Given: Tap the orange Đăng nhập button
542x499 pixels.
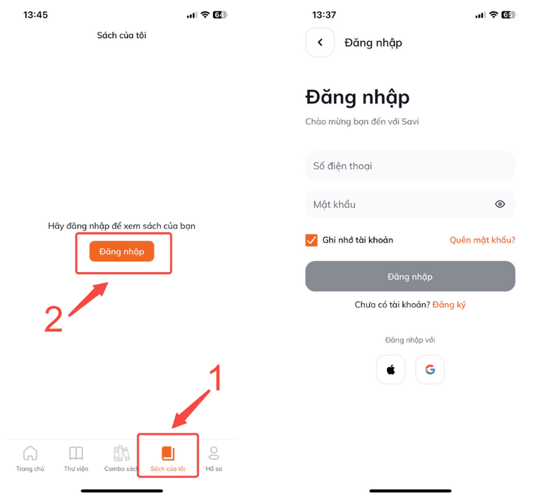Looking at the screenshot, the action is (x=121, y=251).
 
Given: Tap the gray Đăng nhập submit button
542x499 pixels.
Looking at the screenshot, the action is (x=410, y=276).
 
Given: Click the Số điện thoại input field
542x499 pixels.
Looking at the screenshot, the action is (x=410, y=166).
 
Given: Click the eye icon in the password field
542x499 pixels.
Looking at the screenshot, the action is (x=500, y=204).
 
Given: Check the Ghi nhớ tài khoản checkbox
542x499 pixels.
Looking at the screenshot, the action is (x=311, y=240).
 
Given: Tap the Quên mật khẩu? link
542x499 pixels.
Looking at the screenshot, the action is (x=482, y=240).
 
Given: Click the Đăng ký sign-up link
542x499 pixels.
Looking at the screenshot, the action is (x=449, y=304).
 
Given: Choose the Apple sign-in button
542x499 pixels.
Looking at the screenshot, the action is (x=390, y=369).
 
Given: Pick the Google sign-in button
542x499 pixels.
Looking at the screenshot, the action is (x=430, y=369).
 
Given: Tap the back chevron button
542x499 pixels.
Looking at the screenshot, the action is (x=320, y=42).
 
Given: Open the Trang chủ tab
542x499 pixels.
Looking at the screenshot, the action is (x=30, y=459).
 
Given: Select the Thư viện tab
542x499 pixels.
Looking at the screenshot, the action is (x=76, y=459).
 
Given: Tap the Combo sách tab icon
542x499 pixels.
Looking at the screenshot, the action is (x=121, y=453).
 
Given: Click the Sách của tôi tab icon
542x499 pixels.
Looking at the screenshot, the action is (x=168, y=453).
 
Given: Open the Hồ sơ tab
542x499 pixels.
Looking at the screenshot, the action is (x=214, y=459).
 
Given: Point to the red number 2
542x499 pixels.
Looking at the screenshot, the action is (x=54, y=319).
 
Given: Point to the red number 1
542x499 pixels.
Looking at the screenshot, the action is (x=215, y=378).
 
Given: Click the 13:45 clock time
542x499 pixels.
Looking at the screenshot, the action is (x=35, y=15).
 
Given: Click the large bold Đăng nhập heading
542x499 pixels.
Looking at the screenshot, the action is (x=357, y=97).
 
